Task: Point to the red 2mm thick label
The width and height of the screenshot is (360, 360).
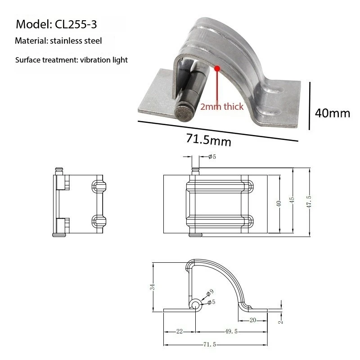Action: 221,107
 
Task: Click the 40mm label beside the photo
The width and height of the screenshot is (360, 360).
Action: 332,112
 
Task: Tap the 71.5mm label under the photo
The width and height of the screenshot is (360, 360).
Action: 208,139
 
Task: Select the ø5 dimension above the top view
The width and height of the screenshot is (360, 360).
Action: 212,157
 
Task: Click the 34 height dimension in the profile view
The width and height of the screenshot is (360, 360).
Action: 153,287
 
